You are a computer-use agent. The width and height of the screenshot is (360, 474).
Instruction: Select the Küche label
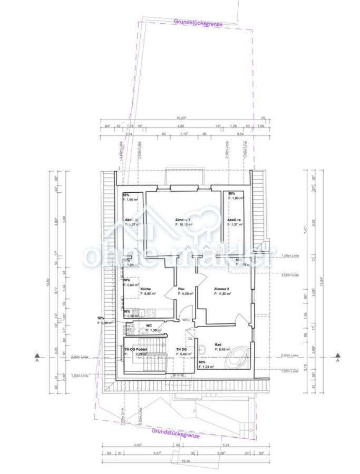click(146, 290)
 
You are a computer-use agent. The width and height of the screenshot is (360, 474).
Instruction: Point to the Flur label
click(181, 290)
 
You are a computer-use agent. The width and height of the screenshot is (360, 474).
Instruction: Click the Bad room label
click(218, 345)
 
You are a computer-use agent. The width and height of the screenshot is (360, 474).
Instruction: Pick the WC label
click(149, 325)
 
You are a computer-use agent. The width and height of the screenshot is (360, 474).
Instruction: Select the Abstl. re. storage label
click(235, 219)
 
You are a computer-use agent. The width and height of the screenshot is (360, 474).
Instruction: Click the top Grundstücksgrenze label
click(198, 23)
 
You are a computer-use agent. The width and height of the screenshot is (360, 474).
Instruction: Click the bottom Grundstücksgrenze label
click(176, 433)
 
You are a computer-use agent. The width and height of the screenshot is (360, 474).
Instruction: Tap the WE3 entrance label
click(186, 320)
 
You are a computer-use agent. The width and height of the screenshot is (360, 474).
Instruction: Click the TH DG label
click(181, 350)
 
